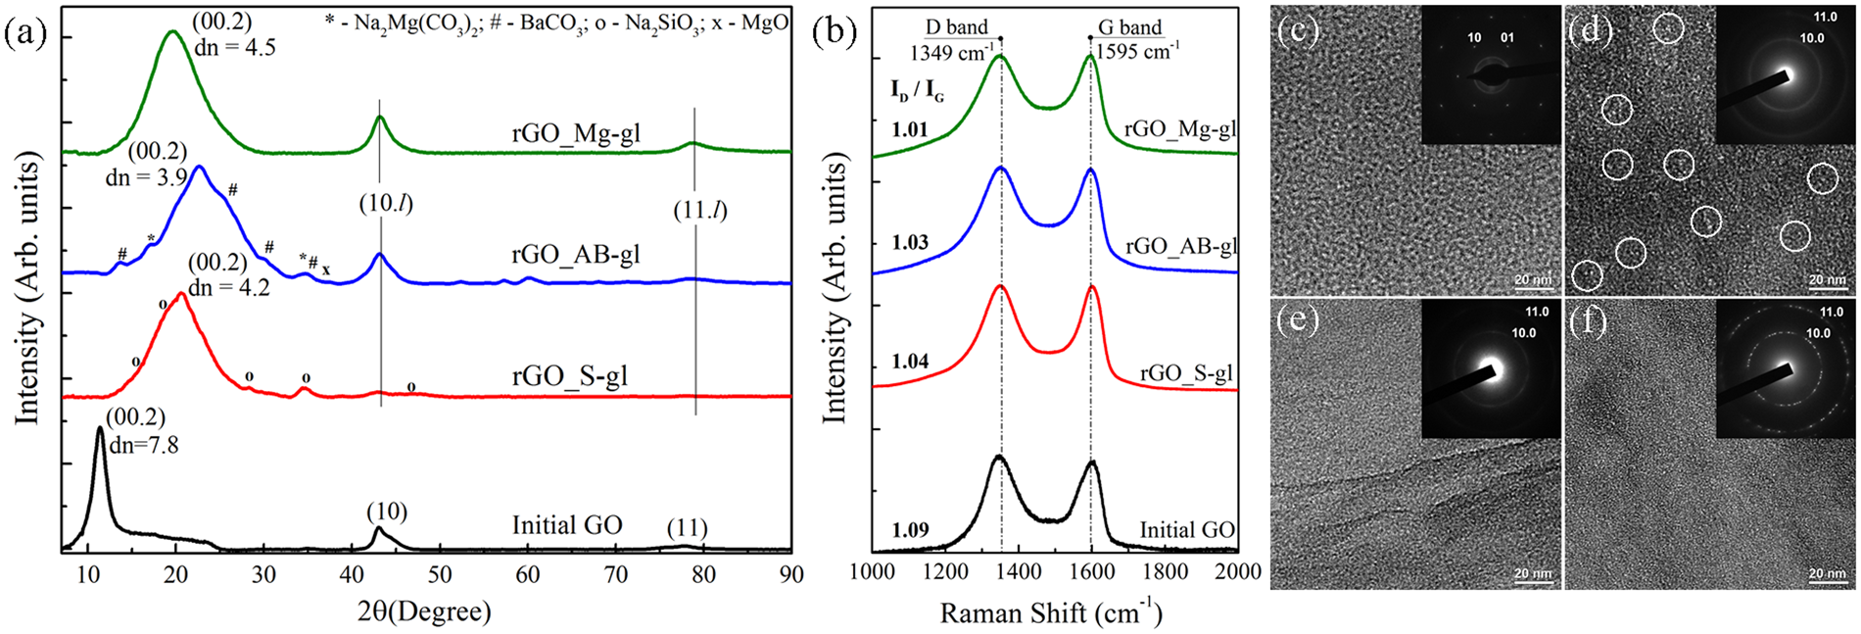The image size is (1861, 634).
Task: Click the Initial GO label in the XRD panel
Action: [x=566, y=526]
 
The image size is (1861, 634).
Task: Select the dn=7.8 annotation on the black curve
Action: [x=142, y=444]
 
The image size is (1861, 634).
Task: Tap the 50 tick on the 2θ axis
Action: [x=440, y=575]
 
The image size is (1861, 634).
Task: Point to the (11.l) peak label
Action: [x=700, y=210]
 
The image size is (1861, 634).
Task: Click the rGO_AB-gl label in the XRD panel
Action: [x=575, y=255]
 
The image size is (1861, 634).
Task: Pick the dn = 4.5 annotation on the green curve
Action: [x=235, y=45]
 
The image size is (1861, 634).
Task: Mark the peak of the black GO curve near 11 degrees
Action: [x=100, y=428]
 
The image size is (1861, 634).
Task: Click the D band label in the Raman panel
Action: [x=956, y=27]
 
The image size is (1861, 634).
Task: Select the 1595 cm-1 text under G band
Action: [x=1136, y=51]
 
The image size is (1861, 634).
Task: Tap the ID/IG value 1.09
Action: [x=910, y=530]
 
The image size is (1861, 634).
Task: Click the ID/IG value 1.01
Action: [x=910, y=129]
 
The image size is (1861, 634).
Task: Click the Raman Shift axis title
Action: [x=1050, y=613]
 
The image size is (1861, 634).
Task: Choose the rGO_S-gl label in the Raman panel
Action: [x=1186, y=373]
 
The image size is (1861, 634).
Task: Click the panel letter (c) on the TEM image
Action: [x=1299, y=30]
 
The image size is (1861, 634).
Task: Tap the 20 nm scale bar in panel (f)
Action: [x=1828, y=575]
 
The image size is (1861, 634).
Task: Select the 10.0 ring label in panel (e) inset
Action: [x=1523, y=333]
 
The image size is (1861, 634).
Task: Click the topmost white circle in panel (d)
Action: [x=1668, y=29]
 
